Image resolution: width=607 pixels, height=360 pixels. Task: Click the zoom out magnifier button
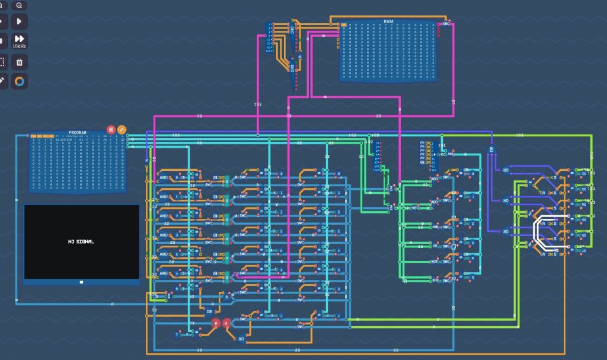pyautogui.click(x=19, y=5)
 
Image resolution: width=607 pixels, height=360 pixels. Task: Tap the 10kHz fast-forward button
pyautogui.click(x=19, y=39)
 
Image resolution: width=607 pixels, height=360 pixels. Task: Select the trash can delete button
pyautogui.click(x=19, y=62)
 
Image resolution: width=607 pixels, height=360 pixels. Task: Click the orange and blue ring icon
pyautogui.click(x=19, y=81)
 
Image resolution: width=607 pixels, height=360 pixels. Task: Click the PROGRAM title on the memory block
pyautogui.click(x=78, y=132)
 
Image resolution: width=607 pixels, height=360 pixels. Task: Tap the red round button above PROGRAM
pyautogui.click(x=111, y=129)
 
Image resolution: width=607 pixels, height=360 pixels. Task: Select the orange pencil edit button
pyautogui.click(x=122, y=129)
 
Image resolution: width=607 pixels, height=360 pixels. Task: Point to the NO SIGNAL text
pyautogui.click(x=81, y=241)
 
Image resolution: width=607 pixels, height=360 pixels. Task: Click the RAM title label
pyautogui.click(x=388, y=21)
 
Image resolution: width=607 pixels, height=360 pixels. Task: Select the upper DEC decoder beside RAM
pyautogui.click(x=292, y=29)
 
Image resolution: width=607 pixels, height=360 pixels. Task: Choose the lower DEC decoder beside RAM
pyautogui.click(x=292, y=70)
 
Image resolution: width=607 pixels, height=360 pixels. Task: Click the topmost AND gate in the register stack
pyautogui.click(x=164, y=177)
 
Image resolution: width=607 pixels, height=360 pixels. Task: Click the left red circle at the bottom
pyautogui.click(x=216, y=323)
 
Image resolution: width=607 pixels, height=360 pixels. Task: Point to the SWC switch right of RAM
pyautogui.click(x=445, y=24)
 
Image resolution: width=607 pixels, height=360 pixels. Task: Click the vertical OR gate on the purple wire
pyautogui.click(x=491, y=149)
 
